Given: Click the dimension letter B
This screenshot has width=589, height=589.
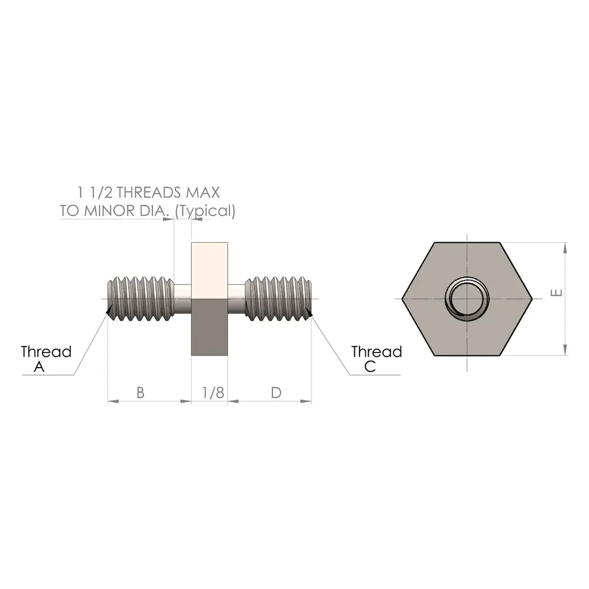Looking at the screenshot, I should [x=140, y=393].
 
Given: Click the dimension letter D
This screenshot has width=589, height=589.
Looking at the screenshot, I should [x=276, y=393].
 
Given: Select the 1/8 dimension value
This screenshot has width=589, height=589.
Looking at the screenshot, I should [x=213, y=393].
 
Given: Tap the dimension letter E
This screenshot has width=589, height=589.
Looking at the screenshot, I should [x=556, y=293].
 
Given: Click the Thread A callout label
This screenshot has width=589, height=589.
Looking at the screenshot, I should [x=46, y=359].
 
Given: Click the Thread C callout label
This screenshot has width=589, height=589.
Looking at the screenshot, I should [x=376, y=359].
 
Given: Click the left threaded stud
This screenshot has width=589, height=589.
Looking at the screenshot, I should [x=141, y=299].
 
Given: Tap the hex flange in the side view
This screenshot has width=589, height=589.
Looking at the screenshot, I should [x=209, y=299].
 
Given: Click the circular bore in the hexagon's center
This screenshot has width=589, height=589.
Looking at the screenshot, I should [x=466, y=299].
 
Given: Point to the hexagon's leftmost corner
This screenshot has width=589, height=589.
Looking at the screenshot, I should [x=402, y=299].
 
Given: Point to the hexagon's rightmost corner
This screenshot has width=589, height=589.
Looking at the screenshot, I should [x=532, y=299].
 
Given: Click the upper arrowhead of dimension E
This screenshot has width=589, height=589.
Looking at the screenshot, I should [x=566, y=248].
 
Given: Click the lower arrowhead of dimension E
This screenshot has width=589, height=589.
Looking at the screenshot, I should [x=566, y=350].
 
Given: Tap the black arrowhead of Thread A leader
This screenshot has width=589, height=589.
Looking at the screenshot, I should [x=108, y=311].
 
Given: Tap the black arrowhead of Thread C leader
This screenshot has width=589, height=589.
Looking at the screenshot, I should [x=310, y=312].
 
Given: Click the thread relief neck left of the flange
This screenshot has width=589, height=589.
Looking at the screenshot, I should [x=182, y=299].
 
